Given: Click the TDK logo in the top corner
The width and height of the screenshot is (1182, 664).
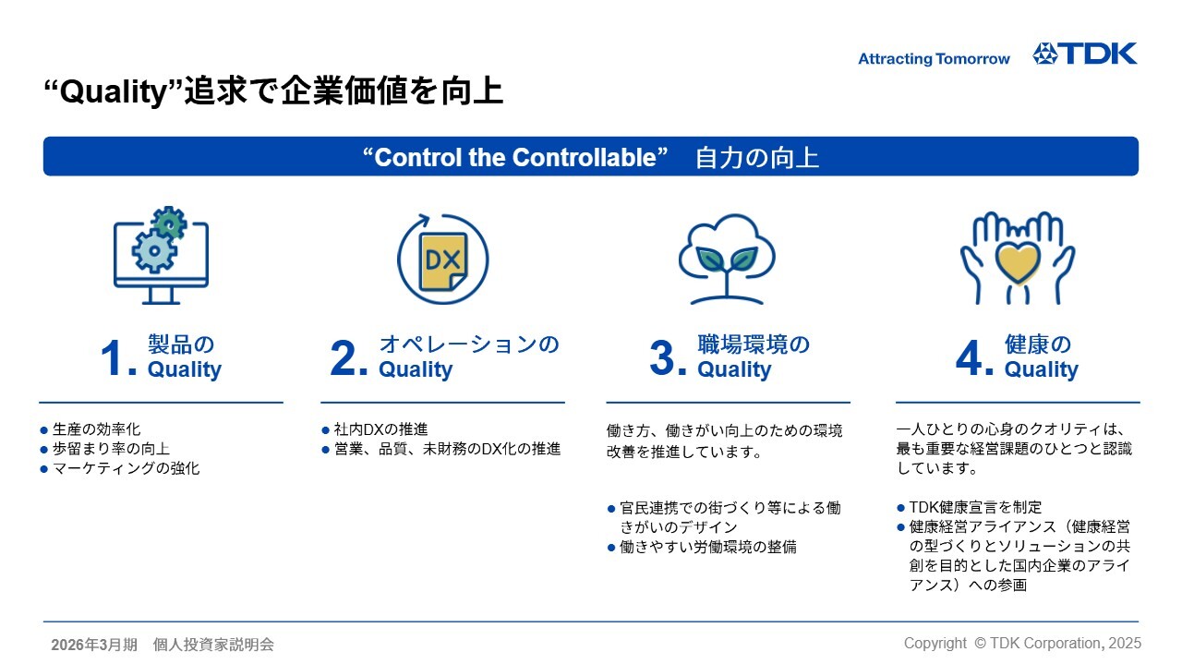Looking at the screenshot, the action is pyautogui.click(x=1084, y=54).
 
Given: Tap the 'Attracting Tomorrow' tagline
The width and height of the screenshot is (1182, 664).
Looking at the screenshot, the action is pyautogui.click(x=934, y=58).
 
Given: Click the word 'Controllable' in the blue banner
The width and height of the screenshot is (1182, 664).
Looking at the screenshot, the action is pyautogui.click(x=584, y=157).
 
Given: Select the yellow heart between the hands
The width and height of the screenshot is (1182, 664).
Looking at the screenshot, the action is pyautogui.click(x=1018, y=262).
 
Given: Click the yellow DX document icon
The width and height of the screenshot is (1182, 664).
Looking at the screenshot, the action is pyautogui.click(x=443, y=261).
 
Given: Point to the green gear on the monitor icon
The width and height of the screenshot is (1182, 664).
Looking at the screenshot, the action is pyautogui.click(x=169, y=223).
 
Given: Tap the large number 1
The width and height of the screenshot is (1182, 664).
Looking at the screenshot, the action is pyautogui.click(x=113, y=358).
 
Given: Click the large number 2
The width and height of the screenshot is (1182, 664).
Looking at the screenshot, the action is pyautogui.click(x=344, y=358).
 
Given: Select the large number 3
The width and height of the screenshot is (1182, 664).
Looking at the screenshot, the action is pyautogui.click(x=663, y=358).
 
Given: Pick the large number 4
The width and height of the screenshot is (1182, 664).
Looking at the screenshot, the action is pyautogui.click(x=970, y=358).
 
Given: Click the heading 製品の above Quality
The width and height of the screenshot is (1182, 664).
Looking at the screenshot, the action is pyautogui.click(x=181, y=344).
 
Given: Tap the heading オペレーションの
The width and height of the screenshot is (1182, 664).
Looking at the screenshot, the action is pyautogui.click(x=469, y=344).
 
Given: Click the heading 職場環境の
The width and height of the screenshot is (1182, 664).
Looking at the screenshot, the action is pyautogui.click(x=754, y=344).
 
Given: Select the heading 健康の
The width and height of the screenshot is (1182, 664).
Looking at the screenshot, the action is pyautogui.click(x=1037, y=344).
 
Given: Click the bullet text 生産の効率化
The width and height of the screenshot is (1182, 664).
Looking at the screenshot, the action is pyautogui.click(x=97, y=429).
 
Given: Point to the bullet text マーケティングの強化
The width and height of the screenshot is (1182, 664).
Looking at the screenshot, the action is pyautogui.click(x=127, y=468).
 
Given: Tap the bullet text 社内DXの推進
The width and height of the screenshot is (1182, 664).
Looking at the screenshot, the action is pyautogui.click(x=380, y=429).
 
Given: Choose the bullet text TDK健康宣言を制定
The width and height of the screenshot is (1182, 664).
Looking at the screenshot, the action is pyautogui.click(x=976, y=507).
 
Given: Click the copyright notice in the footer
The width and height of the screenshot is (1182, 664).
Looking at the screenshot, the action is pyautogui.click(x=1022, y=644).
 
